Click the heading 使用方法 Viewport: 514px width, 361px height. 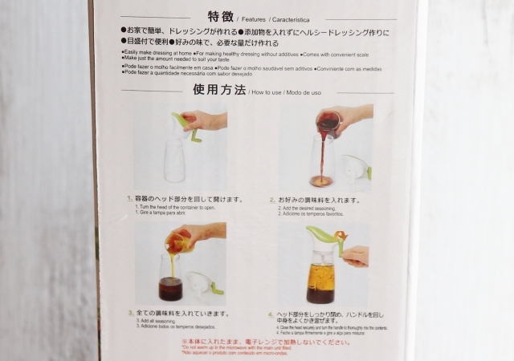pyautogui.click(x=218, y=91)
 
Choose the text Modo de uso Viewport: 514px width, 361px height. pyautogui.click(x=305, y=93)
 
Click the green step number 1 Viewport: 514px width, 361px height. pyautogui.click(x=128, y=198)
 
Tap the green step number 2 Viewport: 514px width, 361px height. pyautogui.click(x=272, y=198)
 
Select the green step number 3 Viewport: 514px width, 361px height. pyautogui.click(x=128, y=313)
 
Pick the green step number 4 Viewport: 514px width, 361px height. pyautogui.click(x=272, y=313)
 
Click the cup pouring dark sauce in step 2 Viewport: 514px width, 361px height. pyautogui.click(x=327, y=124)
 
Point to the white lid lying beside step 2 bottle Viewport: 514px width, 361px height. pyautogui.click(x=356, y=170)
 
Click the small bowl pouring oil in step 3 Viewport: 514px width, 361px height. pyautogui.click(x=177, y=240)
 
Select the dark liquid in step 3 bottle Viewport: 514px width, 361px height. pyautogui.click(x=169, y=289)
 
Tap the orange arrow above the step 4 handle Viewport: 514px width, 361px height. pyautogui.click(x=341, y=236)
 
